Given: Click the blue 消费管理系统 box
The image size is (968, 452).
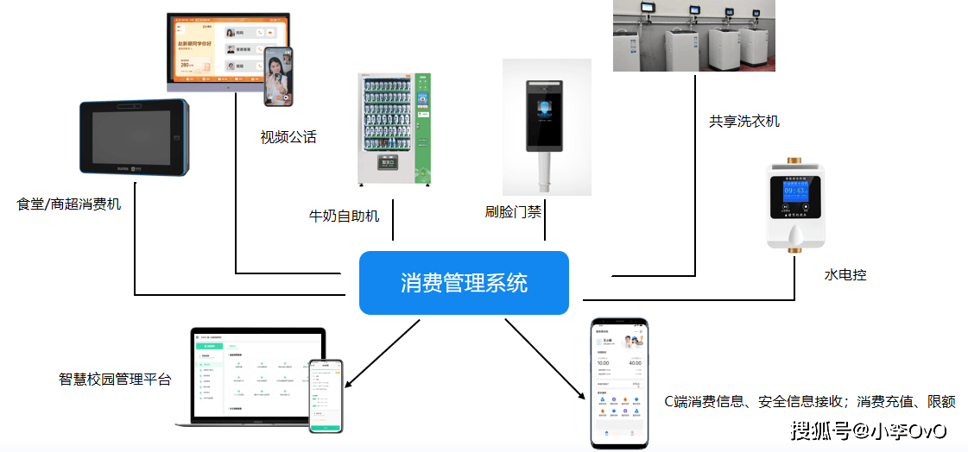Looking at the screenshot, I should [464, 283].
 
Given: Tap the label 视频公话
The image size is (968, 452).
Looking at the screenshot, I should [288, 137].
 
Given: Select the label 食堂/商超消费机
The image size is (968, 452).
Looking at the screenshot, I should [69, 204].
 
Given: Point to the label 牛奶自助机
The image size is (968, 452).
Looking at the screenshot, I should [344, 216].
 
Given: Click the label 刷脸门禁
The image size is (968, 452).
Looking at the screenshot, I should [513, 210].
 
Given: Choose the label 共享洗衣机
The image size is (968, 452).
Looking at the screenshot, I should [743, 122].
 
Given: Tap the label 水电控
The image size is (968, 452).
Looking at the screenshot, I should [845, 275].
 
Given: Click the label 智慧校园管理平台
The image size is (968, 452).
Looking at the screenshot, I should [115, 379].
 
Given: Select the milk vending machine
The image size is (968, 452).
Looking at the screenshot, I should [395, 129].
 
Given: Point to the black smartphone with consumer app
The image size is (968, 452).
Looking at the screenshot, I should [619, 382].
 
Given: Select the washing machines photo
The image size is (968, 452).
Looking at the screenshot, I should [693, 35].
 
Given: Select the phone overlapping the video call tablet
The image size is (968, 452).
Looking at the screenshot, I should [278, 76].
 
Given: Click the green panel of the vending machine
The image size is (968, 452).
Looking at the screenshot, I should [422, 129].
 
